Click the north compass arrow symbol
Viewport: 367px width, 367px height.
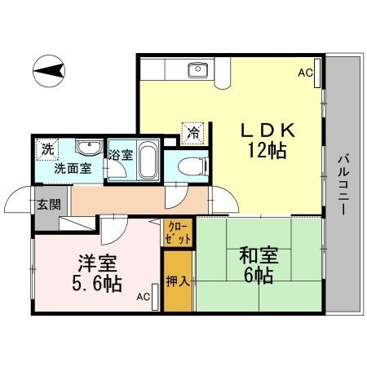[49, 71]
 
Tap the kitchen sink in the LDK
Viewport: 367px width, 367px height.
[198, 70]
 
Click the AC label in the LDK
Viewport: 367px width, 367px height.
[305, 73]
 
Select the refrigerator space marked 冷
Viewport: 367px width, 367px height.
[193, 133]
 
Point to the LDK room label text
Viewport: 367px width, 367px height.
[268, 130]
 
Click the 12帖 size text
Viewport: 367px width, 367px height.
[267, 150]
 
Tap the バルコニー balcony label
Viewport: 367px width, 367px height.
[343, 184]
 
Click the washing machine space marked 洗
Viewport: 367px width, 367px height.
[47, 149]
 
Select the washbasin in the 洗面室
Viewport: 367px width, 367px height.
[89, 148]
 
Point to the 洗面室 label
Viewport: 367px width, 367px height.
[73, 169]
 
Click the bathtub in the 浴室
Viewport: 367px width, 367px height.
[148, 161]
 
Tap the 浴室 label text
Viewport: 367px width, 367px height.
[121, 155]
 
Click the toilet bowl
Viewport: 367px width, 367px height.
[192, 166]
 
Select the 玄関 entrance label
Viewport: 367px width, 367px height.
[49, 204]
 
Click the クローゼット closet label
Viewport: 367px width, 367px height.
[178, 232]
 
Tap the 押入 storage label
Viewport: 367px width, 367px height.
[178, 281]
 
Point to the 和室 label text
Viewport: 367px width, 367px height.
[259, 255]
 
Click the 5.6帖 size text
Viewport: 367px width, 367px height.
[97, 284]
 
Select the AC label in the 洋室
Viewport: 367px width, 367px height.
[144, 297]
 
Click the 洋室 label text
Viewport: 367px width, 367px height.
[98, 263]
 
